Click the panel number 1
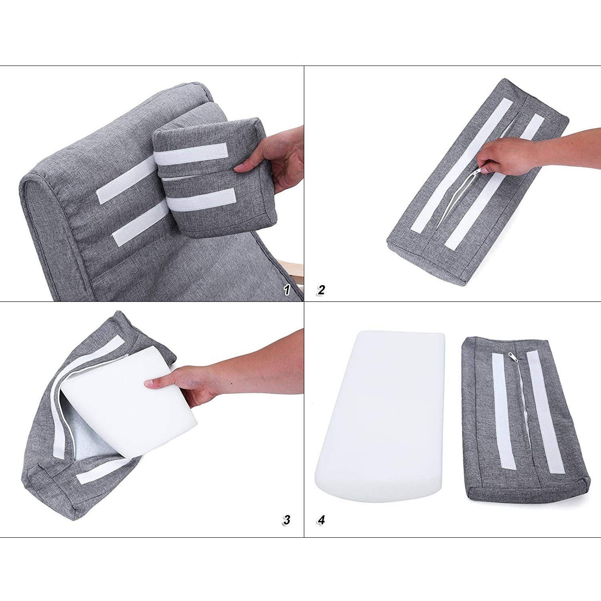pos(286,290)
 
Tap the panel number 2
pos(321,290)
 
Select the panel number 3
pos(286,520)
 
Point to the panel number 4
pos(321,520)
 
